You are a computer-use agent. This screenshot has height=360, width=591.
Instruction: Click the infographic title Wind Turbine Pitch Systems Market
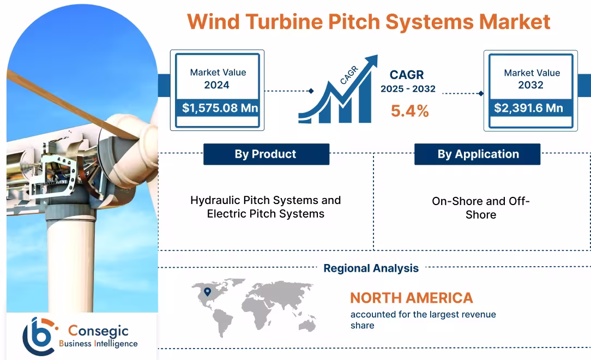(369, 22)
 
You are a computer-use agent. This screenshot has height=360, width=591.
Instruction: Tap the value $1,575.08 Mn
(220, 108)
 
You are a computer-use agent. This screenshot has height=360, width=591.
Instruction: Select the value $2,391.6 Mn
(528, 108)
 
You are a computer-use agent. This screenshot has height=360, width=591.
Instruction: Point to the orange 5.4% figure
(409, 111)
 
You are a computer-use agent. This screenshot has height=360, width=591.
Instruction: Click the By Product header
(266, 154)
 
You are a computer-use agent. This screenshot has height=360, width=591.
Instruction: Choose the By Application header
(478, 154)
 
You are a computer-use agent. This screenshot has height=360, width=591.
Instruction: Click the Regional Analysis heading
(371, 268)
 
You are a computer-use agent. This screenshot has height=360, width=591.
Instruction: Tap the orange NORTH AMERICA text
(411, 298)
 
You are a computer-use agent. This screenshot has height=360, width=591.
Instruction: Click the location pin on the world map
(207, 292)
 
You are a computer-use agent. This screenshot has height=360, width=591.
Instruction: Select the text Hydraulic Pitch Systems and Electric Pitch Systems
(266, 207)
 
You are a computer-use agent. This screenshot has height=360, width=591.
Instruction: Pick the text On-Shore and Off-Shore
(480, 208)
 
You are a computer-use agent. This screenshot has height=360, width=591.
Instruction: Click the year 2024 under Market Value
(216, 85)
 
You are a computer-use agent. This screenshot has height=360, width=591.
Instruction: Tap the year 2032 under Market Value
(530, 85)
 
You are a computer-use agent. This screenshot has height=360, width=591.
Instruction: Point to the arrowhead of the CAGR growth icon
(371, 59)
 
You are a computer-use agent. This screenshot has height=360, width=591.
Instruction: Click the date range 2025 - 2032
(408, 89)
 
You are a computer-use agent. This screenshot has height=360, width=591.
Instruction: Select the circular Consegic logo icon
(38, 334)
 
